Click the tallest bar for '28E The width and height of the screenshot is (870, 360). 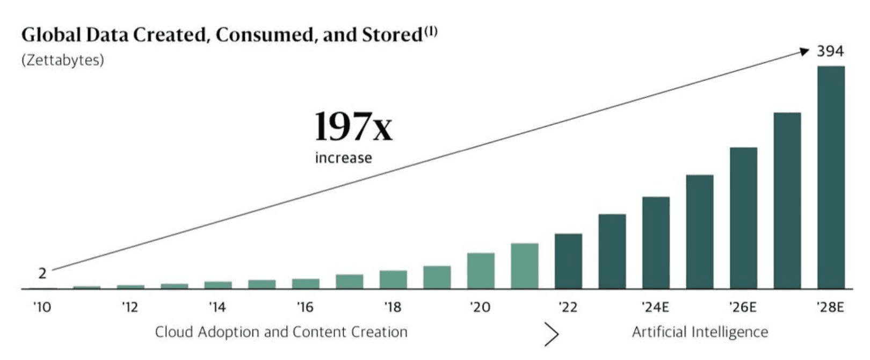[831, 177]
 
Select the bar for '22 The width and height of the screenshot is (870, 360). [568, 261]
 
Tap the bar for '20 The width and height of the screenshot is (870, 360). [481, 271]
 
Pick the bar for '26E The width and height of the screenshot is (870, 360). [743, 218]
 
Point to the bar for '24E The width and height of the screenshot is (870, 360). [656, 243]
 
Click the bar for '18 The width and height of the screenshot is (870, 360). [393, 279]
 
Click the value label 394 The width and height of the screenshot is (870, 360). [830, 52]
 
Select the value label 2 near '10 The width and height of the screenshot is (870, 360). [42, 273]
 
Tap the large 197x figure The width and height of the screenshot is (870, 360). [353, 127]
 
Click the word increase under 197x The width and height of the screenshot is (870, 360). [343, 158]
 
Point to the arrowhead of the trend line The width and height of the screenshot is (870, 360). [804, 51]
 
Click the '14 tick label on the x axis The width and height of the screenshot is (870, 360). [217, 307]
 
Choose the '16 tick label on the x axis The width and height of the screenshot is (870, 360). [305, 307]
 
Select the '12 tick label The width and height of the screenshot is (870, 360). [129, 307]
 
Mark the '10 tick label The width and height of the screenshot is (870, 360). [42, 307]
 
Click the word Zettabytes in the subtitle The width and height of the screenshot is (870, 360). [62, 60]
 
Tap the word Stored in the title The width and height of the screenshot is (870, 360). [392, 35]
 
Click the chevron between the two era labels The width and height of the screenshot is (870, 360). [551, 334]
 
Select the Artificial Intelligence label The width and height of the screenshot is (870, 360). [700, 332]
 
